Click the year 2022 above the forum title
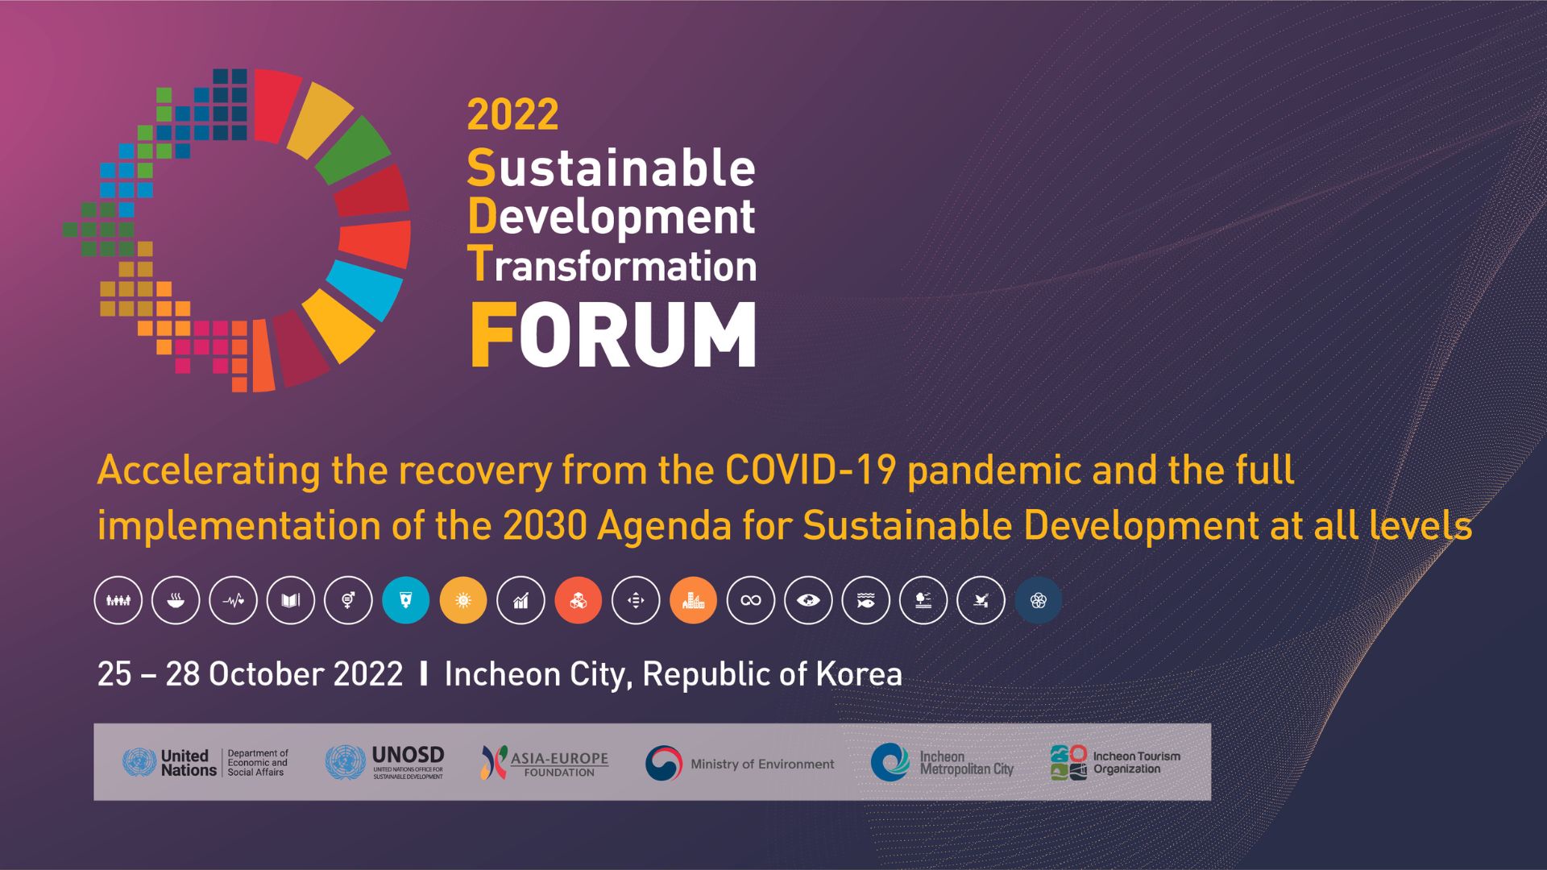pyautogui.click(x=512, y=114)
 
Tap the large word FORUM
pyautogui.click(x=613, y=335)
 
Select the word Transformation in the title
pyautogui.click(x=612, y=266)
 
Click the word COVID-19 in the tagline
pyautogui.click(x=811, y=470)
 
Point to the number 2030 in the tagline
pyautogui.click(x=545, y=526)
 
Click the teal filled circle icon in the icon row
pyautogui.click(x=406, y=601)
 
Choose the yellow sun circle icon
pyautogui.click(x=463, y=601)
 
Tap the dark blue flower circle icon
pyautogui.click(x=1039, y=601)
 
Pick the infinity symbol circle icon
pyautogui.click(x=751, y=601)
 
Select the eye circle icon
pyautogui.click(x=808, y=601)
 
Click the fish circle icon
pyautogui.click(x=866, y=601)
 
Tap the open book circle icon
pyautogui.click(x=291, y=601)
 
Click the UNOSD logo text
pyautogui.click(x=408, y=756)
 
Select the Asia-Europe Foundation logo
pyautogui.click(x=545, y=762)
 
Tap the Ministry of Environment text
pyautogui.click(x=762, y=764)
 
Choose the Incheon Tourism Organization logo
pyautogui.click(x=1116, y=763)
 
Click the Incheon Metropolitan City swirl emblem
pyautogui.click(x=890, y=762)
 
